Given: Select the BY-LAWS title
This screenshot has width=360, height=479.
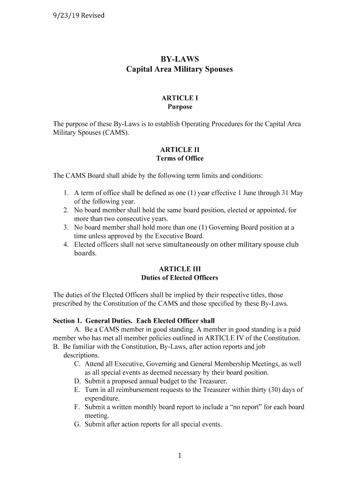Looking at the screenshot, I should click(180, 59).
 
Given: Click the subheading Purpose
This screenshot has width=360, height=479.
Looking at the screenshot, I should click(180, 107).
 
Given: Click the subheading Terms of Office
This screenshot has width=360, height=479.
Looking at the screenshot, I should click(180, 159).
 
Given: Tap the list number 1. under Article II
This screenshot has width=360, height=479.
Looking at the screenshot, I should click(66, 193).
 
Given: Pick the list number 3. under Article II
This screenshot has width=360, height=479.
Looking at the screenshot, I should click(66, 228).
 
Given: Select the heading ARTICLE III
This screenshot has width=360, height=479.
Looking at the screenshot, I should click(180, 269).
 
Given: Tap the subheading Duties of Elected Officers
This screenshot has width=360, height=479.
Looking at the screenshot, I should click(180, 278).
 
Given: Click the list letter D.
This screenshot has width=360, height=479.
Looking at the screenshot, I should click(77, 381).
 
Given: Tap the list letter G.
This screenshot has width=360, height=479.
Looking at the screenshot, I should click(77, 425).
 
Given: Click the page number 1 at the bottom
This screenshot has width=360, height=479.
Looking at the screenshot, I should click(180, 457).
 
